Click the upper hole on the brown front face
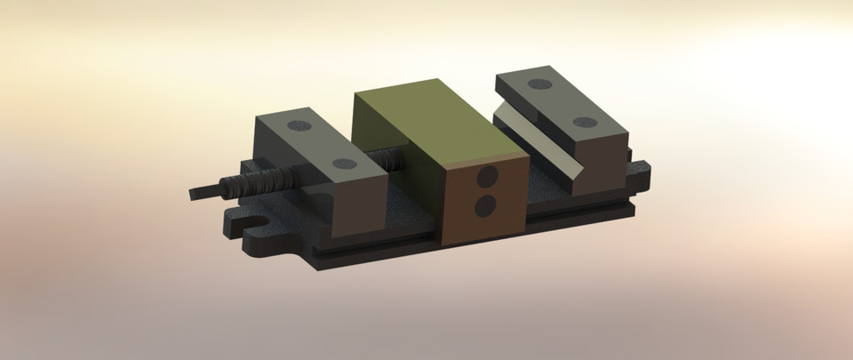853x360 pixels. coord(486,177)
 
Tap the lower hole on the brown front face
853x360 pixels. coord(485,206)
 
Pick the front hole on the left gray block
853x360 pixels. coord(343,164)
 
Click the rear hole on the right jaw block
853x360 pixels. coord(539,84)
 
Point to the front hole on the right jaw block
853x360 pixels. coord(583,123)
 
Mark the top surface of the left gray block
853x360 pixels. coord(320,144)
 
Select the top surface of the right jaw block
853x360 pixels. coord(560,102)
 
